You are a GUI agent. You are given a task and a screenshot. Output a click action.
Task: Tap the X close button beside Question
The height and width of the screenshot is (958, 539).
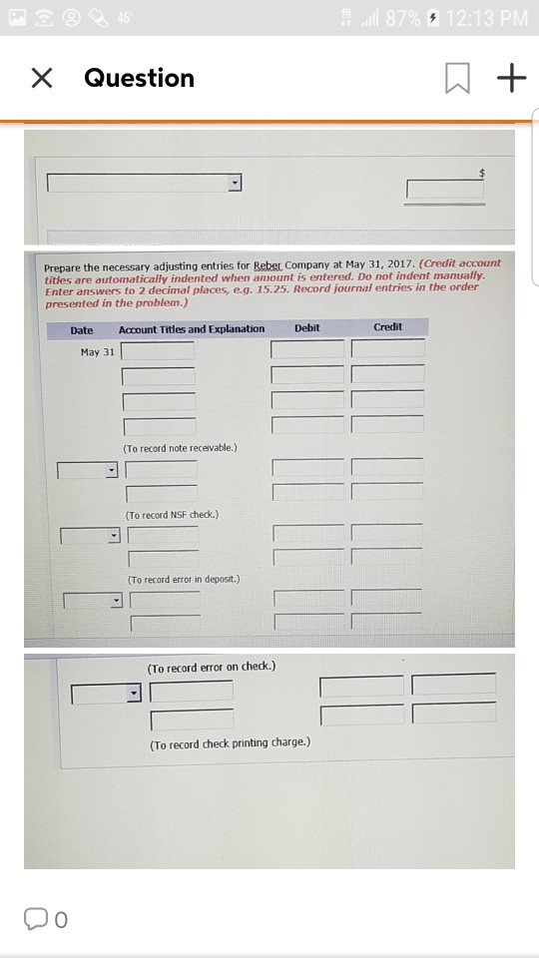point(42,78)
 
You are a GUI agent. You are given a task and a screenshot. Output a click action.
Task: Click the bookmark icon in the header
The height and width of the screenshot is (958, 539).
point(458,79)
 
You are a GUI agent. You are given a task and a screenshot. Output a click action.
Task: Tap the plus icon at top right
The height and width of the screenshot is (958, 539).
point(511,78)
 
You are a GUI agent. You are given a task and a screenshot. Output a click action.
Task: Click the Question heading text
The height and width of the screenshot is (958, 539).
point(140,78)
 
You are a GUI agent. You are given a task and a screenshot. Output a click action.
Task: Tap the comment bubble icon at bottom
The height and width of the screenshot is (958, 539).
point(35,918)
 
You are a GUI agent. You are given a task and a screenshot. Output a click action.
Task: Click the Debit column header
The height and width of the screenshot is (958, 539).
point(306,328)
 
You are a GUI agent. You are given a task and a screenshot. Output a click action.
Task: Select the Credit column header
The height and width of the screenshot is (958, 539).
point(387,327)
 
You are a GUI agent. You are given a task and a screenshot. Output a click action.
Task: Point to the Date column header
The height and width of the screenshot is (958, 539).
point(82,330)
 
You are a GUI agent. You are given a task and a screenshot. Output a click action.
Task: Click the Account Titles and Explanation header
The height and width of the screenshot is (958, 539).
point(192,329)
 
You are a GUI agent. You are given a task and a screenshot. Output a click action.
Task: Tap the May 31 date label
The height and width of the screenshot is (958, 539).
point(97,352)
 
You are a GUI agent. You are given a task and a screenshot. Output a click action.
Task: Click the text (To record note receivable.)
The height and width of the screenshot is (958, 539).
point(180,448)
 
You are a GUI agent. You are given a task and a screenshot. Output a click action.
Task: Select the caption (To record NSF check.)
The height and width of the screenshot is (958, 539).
point(172,515)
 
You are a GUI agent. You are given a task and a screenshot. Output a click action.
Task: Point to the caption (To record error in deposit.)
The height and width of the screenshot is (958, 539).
point(184,579)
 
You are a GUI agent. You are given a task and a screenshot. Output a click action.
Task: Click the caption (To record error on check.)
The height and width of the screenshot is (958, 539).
point(212,668)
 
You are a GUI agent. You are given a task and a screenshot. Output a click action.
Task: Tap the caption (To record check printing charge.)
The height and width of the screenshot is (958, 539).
point(230,743)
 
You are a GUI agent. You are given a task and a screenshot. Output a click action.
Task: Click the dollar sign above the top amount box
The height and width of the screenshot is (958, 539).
point(481,173)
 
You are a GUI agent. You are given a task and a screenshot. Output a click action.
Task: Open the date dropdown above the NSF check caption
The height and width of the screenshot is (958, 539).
point(112,471)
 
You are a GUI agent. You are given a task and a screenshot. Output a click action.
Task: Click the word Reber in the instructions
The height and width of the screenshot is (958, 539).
point(268,265)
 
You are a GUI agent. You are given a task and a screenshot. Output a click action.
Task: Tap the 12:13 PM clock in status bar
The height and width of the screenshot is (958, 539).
point(486,18)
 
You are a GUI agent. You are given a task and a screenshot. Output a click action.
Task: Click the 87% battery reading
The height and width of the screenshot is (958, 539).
point(402,18)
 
